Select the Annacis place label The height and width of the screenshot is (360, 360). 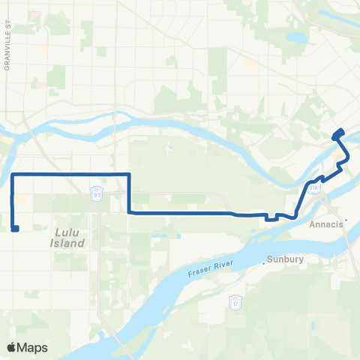324,223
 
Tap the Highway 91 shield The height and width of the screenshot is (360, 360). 97,193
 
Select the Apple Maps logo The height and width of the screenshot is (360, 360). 27,347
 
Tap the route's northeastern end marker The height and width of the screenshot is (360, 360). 337,134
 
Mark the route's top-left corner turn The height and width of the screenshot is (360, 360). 13,174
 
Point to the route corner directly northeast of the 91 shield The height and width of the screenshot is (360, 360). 130,174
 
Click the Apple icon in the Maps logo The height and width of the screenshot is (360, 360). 12,347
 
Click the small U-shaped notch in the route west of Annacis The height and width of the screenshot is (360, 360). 269,219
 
